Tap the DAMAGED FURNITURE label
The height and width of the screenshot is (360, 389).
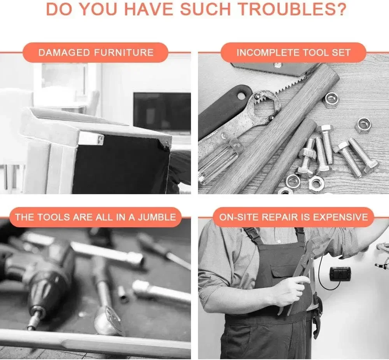(96, 53)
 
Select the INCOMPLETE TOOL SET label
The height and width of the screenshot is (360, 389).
(293, 53)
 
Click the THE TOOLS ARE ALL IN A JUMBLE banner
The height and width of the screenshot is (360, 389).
(96, 217)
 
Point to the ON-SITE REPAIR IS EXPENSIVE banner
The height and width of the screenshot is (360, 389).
(293, 217)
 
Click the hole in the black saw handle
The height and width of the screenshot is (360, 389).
(242, 95)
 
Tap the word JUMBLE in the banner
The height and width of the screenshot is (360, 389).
(157, 217)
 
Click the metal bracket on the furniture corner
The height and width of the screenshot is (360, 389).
(91, 139)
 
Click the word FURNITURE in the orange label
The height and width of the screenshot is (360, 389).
(124, 53)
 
